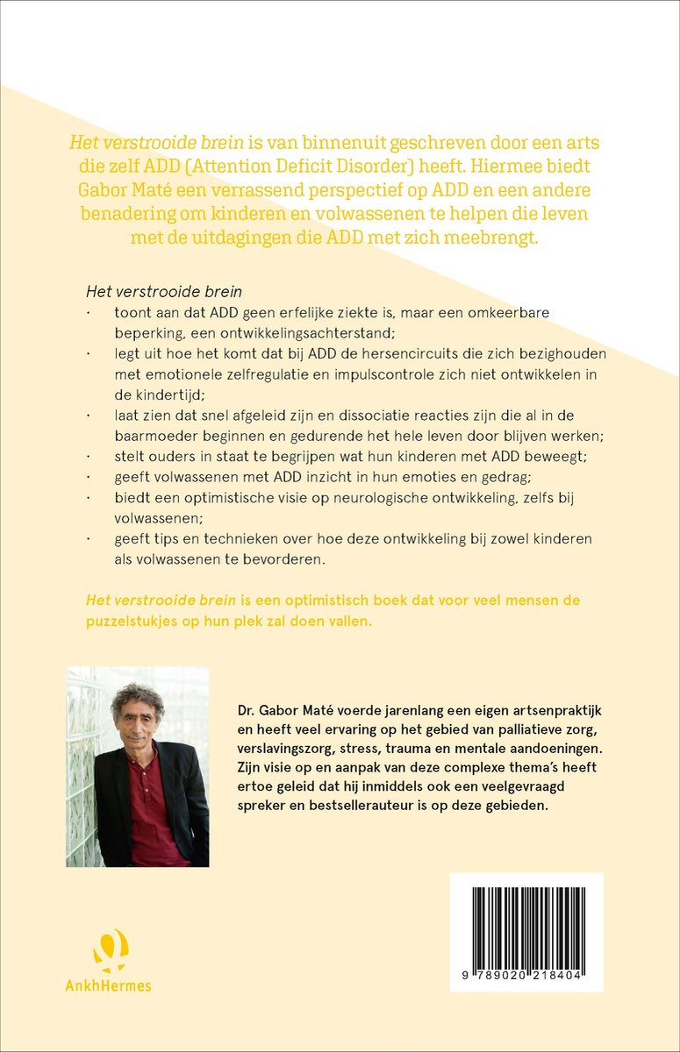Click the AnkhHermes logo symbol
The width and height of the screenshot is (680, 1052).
[110, 950]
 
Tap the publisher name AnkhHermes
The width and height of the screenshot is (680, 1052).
[109, 985]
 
